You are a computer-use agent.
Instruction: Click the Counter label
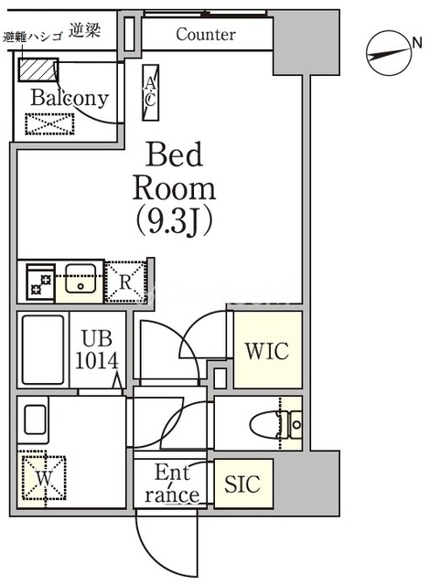tap(206, 35)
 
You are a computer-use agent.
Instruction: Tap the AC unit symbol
tap(150, 92)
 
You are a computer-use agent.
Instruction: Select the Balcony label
tap(70, 98)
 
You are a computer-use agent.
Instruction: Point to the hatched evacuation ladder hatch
tap(38, 69)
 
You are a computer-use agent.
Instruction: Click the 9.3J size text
tap(174, 221)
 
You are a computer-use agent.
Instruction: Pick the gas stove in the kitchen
tap(40, 282)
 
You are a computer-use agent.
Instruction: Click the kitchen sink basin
tap(81, 278)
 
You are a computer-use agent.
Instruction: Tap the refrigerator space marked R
tap(125, 282)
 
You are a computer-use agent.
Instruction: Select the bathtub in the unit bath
tap(43, 349)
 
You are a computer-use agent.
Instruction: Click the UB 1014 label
tap(97, 349)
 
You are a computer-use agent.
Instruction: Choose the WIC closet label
tap(267, 351)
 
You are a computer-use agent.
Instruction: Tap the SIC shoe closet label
tap(242, 484)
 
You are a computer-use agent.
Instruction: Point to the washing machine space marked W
tap(44, 478)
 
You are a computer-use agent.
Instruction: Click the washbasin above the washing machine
tap(35, 420)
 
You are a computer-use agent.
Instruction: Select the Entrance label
tap(172, 484)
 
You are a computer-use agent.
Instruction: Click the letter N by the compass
tap(417, 43)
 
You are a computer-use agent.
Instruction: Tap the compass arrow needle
tap(388, 55)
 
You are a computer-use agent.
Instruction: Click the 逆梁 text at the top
tap(85, 30)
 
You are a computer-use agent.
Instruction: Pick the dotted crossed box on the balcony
tap(49, 124)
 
